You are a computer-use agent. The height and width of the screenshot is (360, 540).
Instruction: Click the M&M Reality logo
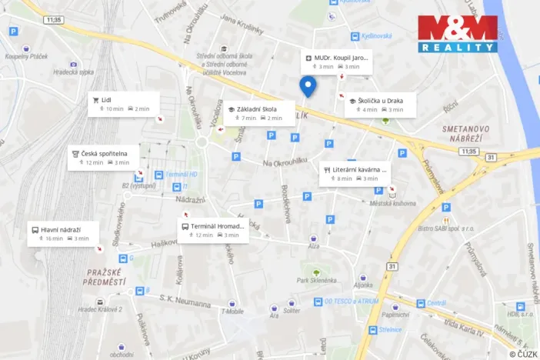pyautogui.click(x=458, y=34)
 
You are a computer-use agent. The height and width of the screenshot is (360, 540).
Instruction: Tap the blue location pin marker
pyautogui.click(x=308, y=86)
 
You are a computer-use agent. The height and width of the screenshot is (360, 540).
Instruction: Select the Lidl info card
pyautogui.click(x=124, y=104)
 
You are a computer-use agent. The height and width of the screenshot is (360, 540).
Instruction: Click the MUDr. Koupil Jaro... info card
pyautogui.click(x=337, y=62)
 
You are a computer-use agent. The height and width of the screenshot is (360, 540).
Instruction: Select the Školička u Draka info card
pyautogui.click(x=380, y=105)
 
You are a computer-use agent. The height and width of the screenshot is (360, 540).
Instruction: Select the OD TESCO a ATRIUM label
pyautogui.click(x=353, y=302)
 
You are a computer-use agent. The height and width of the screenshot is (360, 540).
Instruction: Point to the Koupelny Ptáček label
pyautogui.click(x=25, y=57)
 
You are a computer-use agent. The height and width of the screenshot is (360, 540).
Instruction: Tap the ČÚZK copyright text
pyautogui.click(x=522, y=353)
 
